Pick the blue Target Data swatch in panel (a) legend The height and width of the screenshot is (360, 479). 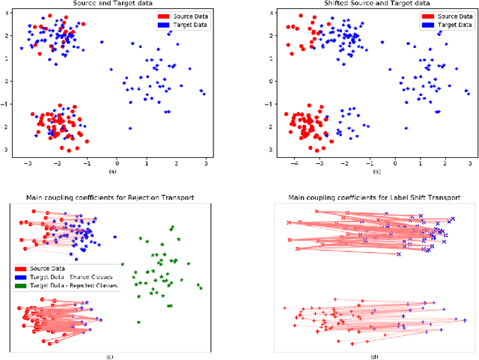[163, 24]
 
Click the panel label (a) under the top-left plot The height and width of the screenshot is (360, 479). [113, 171]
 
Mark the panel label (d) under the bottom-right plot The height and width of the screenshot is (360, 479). [374, 356]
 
